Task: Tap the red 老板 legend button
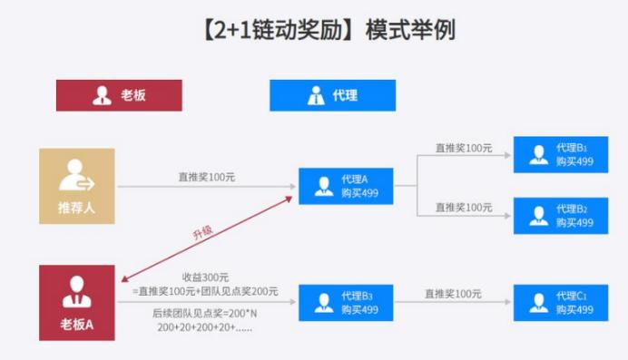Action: (x=118, y=95)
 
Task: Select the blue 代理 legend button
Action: (x=332, y=95)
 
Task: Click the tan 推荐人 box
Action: (x=76, y=186)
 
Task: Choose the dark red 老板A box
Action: (x=76, y=303)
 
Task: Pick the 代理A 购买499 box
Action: (x=348, y=186)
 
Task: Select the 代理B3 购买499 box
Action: (x=348, y=303)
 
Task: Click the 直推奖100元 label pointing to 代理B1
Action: (x=464, y=147)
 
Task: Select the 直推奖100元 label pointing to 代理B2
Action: (x=464, y=207)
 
